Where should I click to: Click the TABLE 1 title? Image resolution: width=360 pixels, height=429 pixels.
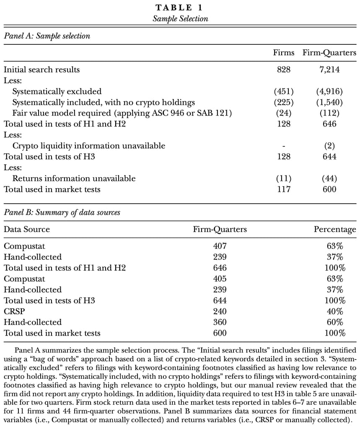coord(180,8)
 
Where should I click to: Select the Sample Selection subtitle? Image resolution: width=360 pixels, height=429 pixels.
coord(180,18)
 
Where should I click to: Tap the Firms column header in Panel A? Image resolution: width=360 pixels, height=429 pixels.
coord(284,53)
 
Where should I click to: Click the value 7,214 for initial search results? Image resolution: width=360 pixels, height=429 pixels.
coord(329,70)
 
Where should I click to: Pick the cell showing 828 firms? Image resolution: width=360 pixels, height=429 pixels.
coord(284,70)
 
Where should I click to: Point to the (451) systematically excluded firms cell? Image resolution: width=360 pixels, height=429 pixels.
coord(284,91)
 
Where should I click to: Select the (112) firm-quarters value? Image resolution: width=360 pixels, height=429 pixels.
coord(329,113)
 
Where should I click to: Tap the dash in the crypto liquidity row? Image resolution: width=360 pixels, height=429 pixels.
coord(284,146)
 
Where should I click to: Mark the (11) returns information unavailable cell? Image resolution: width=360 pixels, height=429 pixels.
coord(284,178)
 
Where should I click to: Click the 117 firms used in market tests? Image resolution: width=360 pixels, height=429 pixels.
coord(284,189)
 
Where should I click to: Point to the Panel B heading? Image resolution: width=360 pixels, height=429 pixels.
coord(62,212)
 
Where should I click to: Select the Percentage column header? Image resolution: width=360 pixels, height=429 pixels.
coord(335,229)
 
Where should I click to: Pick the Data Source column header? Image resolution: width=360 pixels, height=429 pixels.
coord(27,229)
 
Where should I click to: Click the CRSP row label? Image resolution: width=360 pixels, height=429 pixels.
coord(13,311)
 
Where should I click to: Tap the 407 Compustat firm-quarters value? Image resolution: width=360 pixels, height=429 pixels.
coord(220,246)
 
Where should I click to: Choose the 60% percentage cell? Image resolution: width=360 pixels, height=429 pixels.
coord(335,322)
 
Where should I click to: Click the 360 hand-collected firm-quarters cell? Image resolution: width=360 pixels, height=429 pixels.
coord(220,322)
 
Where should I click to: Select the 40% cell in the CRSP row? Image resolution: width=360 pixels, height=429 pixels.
coord(335,311)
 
